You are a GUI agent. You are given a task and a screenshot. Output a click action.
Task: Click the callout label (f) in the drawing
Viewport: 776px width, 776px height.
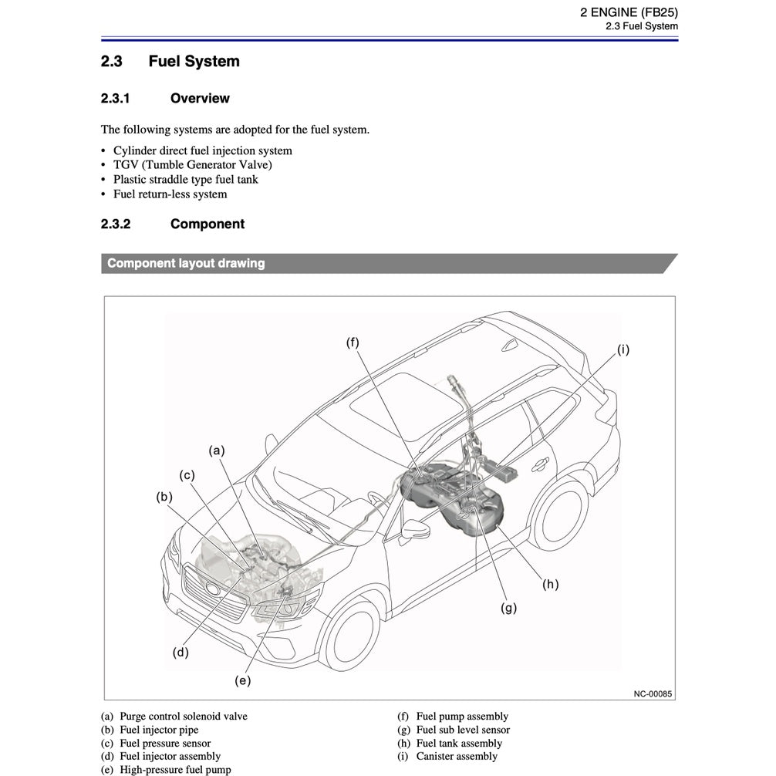[x=353, y=342]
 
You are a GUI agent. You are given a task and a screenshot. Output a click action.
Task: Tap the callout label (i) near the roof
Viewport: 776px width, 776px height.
[x=622, y=349]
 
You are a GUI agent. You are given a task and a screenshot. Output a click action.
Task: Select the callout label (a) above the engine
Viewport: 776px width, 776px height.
[x=217, y=450]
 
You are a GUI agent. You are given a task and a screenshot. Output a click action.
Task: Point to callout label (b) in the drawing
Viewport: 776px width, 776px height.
[x=164, y=497]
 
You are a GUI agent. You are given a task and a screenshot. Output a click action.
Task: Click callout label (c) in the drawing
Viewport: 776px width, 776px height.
[x=187, y=475]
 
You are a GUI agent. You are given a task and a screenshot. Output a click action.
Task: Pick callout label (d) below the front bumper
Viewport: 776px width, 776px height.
[x=181, y=653]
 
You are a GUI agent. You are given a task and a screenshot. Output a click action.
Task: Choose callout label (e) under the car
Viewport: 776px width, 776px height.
[x=243, y=680]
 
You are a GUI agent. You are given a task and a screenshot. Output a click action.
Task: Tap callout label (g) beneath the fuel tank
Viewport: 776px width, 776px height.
[x=508, y=608]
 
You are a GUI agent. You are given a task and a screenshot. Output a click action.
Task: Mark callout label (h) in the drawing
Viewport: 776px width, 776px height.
[x=550, y=584]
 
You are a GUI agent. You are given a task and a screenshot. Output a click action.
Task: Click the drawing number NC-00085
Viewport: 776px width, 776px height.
[x=653, y=693]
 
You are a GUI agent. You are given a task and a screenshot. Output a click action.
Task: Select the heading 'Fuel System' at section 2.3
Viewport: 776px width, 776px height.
[x=194, y=62]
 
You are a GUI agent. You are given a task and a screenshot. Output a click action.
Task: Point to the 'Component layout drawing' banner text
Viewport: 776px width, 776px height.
[x=186, y=264]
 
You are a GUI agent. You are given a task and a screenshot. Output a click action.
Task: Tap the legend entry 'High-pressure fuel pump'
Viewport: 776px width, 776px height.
[x=175, y=769]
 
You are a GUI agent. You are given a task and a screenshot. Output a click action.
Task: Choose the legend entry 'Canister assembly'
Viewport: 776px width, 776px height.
[x=457, y=756]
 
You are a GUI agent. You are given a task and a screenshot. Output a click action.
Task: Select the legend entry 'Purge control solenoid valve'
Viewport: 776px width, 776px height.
[x=184, y=717]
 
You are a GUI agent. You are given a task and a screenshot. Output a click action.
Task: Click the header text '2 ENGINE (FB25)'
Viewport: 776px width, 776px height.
[x=629, y=12]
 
